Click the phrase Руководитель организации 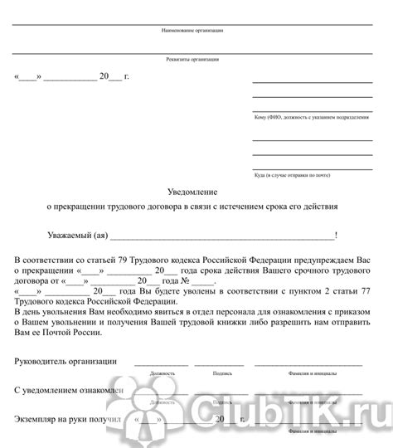[65, 362]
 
